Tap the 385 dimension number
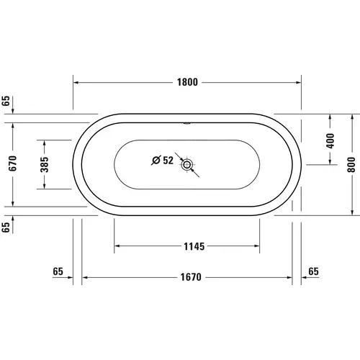point(45,164)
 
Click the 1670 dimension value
point(189,276)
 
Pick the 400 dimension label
point(330,140)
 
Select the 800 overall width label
point(352,164)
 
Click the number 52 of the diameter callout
point(168,161)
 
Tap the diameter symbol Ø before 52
point(155,161)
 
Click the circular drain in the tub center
point(189,164)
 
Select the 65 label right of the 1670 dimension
point(312,271)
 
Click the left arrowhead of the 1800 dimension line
point(76,82)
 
